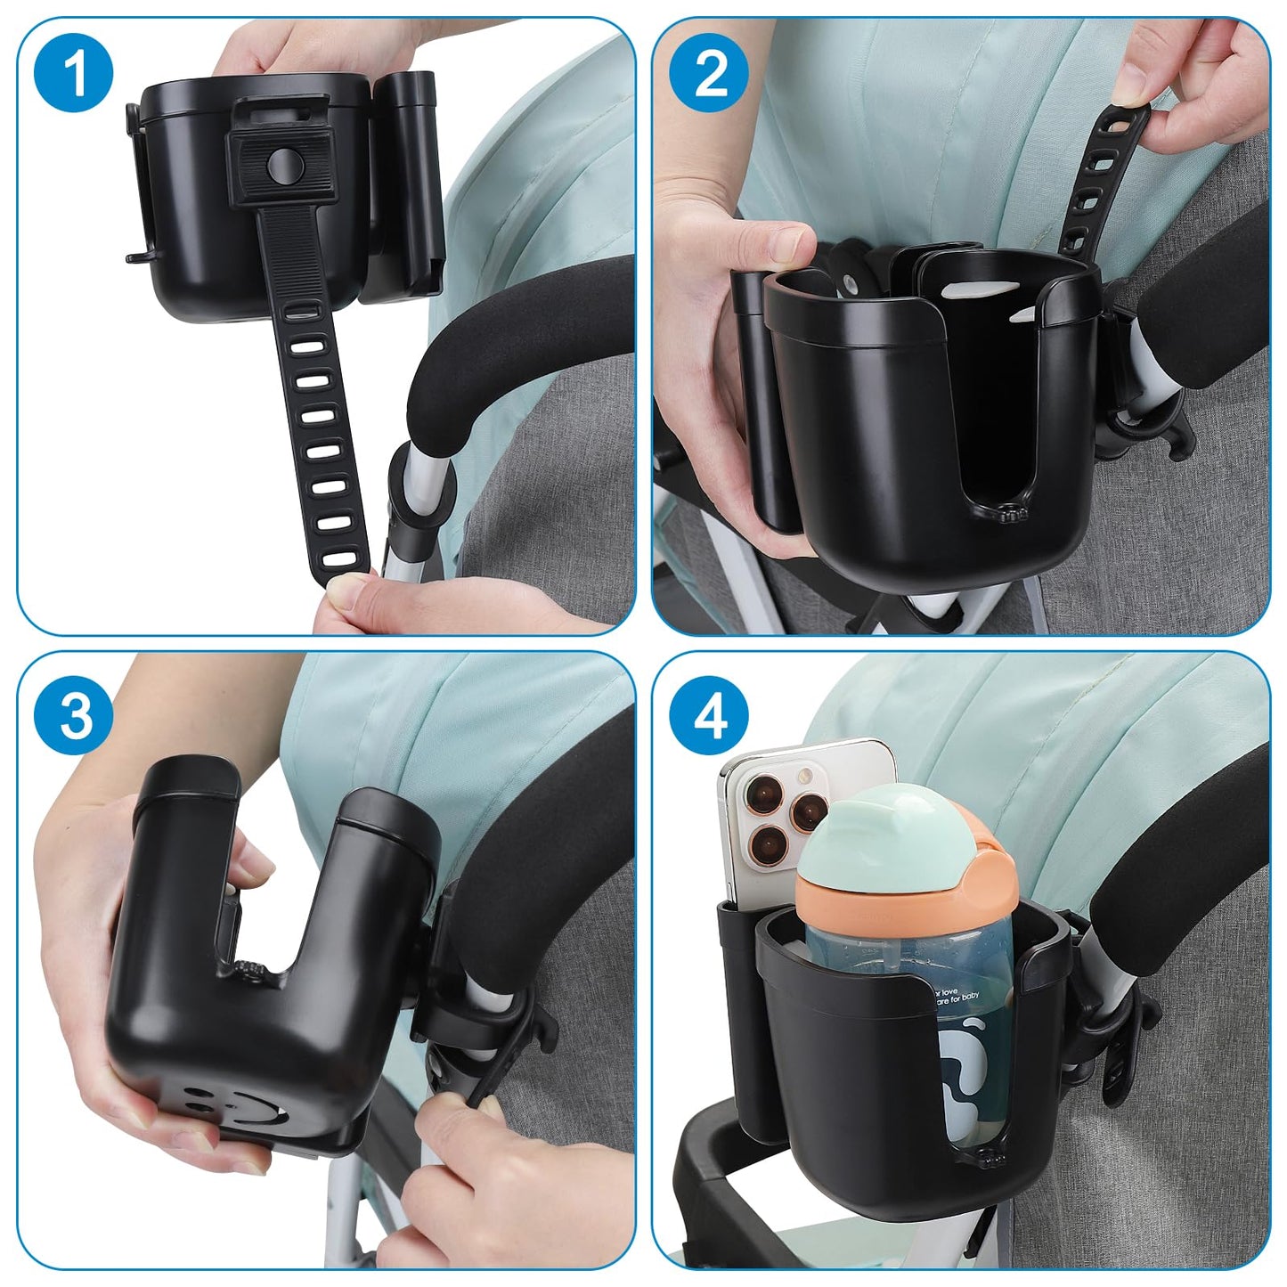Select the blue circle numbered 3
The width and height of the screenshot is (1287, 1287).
(x=74, y=713)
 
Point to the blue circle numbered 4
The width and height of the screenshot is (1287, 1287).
(x=710, y=713)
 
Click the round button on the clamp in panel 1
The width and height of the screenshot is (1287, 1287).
(x=282, y=160)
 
